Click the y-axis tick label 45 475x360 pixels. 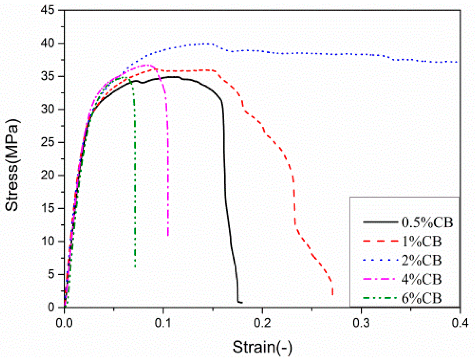48,10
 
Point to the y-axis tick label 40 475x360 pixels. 48,43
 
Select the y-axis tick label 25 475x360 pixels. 48,143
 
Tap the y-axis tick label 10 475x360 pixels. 48,241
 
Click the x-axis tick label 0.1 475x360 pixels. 163,323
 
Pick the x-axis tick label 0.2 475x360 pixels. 262,323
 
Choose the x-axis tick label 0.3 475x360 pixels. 361,323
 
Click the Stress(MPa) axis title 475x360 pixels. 12,165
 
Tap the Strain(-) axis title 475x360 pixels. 262,347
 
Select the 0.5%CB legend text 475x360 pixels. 427,223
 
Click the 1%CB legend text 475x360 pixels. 421,241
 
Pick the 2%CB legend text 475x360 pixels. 421,260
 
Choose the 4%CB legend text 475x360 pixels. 421,279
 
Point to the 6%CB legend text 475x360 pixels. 421,298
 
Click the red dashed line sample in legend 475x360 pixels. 380,241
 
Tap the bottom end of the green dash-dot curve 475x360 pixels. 135,267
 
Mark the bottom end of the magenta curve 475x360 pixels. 168,236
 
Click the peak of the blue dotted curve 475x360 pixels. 207,43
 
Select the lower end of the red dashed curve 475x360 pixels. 333,294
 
